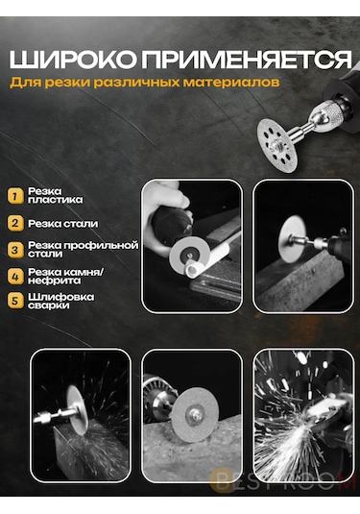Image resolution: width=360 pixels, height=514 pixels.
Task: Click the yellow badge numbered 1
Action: (14, 196)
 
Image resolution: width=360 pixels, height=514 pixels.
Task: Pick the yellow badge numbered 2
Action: (14, 223)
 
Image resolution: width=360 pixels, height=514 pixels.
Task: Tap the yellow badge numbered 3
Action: (14, 250)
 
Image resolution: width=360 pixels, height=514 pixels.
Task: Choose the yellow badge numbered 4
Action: (14, 277)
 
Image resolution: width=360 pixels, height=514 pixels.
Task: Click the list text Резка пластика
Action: (55, 196)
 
